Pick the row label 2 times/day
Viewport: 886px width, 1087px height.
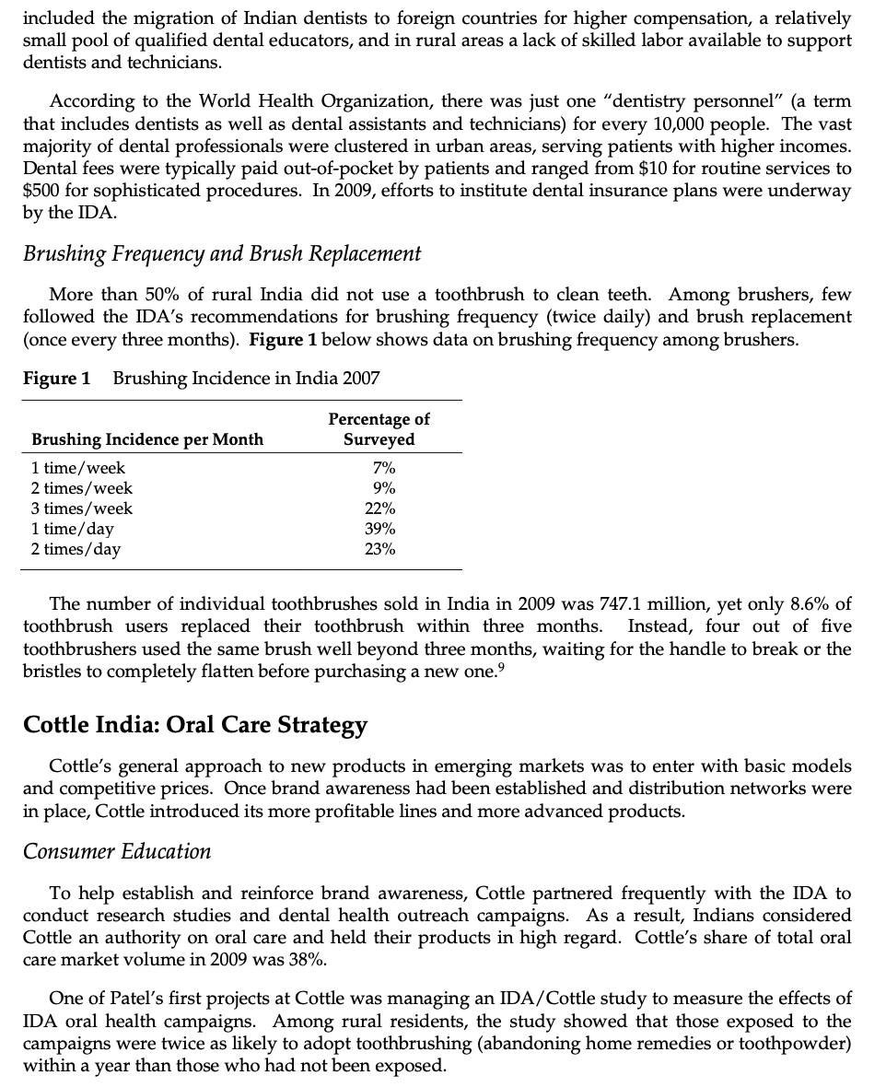76,549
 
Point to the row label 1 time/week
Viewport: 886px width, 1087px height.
78,468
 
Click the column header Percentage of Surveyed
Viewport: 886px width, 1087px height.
379,429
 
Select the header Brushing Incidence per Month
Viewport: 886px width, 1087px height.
147,439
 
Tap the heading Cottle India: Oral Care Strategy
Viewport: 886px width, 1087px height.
195,725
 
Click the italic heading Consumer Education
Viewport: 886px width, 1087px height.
117,851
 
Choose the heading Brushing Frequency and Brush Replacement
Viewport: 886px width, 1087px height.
222,253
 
